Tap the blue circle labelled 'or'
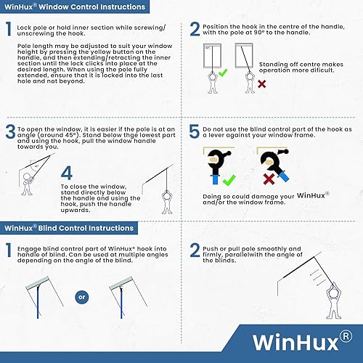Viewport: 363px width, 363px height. tap(82, 297)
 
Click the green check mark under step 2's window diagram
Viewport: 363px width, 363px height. tap(223, 73)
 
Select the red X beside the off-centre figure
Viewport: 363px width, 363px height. tap(261, 84)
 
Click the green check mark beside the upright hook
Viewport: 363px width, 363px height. tap(229, 180)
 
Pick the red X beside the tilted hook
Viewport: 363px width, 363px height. tap(269, 179)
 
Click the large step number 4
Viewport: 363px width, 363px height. tap(67, 173)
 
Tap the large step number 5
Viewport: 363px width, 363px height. tap(194, 131)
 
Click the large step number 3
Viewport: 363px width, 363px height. tap(10, 131)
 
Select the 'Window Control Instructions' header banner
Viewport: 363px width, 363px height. tap(75, 7)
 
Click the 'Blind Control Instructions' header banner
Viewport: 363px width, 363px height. tap(69, 228)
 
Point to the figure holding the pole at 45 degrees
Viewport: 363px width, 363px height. tap(27, 184)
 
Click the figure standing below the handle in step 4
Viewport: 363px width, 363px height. tap(168, 203)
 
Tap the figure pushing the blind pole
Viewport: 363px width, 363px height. tap(334, 301)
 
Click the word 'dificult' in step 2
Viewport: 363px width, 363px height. tap(322, 70)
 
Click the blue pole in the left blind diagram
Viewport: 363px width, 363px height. tap(38, 302)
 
